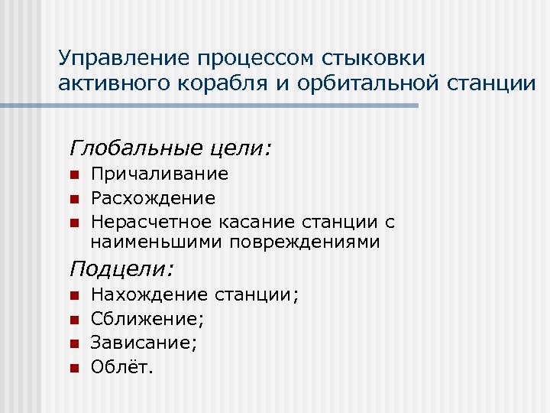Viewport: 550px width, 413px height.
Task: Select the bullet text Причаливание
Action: click(x=159, y=174)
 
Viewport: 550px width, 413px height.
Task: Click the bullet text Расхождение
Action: click(x=153, y=199)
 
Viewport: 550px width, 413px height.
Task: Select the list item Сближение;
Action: click(x=147, y=318)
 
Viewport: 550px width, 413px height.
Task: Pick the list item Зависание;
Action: click(x=144, y=343)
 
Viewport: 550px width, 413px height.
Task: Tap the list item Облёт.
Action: click(x=122, y=367)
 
